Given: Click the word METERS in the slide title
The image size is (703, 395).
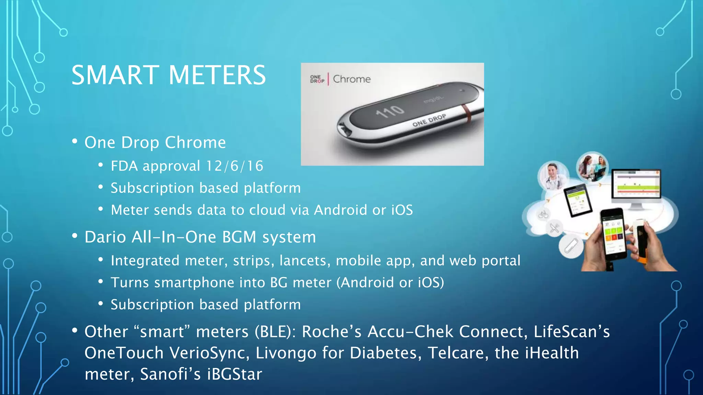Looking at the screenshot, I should pos(217,75).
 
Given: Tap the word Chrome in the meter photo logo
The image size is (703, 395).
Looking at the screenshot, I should pos(352,79).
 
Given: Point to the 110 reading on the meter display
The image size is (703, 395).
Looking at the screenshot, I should pos(390,111).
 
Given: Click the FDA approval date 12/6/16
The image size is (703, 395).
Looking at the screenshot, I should pos(234,166).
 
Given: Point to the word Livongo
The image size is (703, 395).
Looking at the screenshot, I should pos(286,353).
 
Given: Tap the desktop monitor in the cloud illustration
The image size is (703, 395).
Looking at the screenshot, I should pos(636,185).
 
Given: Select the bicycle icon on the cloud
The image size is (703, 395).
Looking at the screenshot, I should pos(543,215).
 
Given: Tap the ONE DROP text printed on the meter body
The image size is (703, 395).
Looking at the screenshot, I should pos(429,120).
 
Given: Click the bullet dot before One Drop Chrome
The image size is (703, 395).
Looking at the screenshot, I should pos(75,142).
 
